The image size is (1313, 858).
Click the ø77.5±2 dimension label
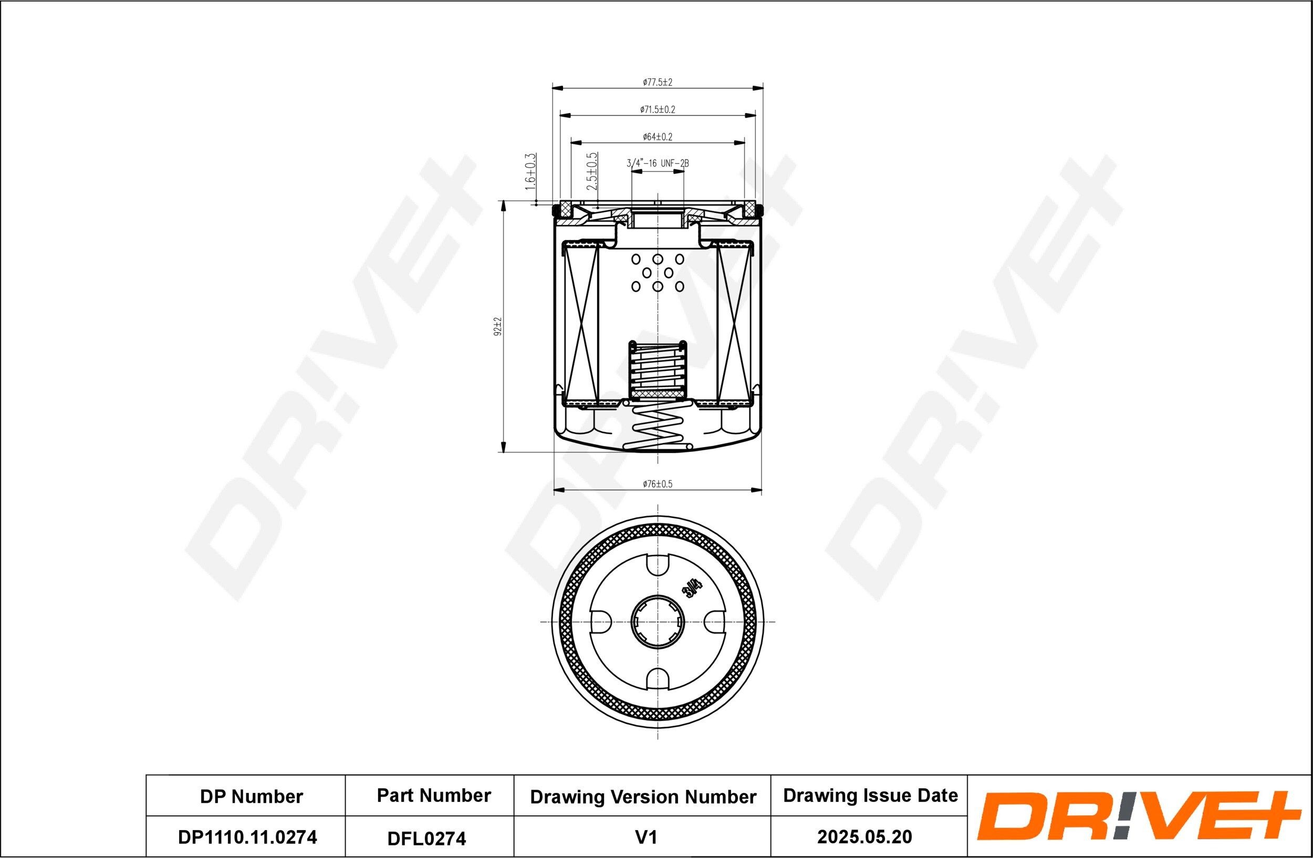(658, 82)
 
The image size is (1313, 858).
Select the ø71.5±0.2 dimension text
(658, 110)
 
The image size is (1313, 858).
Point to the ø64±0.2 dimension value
(658, 137)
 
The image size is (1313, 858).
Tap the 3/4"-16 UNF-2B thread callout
(658, 163)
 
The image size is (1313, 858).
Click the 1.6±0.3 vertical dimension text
(531, 172)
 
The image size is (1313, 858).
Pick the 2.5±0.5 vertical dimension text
(592, 172)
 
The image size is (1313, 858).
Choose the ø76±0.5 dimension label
(658, 484)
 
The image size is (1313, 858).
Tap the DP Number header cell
(251, 796)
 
